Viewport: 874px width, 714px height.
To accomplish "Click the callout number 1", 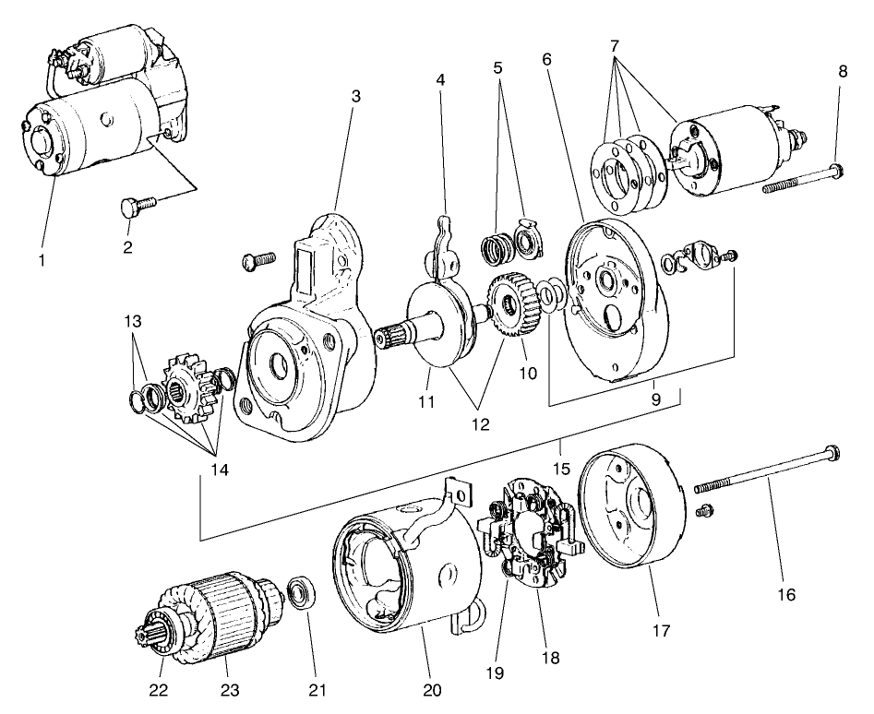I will (x=42, y=261).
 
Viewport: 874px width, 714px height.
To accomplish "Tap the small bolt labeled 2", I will (x=130, y=208).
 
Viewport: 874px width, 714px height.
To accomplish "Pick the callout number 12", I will (x=479, y=425).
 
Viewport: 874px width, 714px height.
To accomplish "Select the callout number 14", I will (x=218, y=469).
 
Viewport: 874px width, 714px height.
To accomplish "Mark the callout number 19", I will (x=497, y=672).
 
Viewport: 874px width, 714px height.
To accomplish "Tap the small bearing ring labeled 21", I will (x=299, y=591).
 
